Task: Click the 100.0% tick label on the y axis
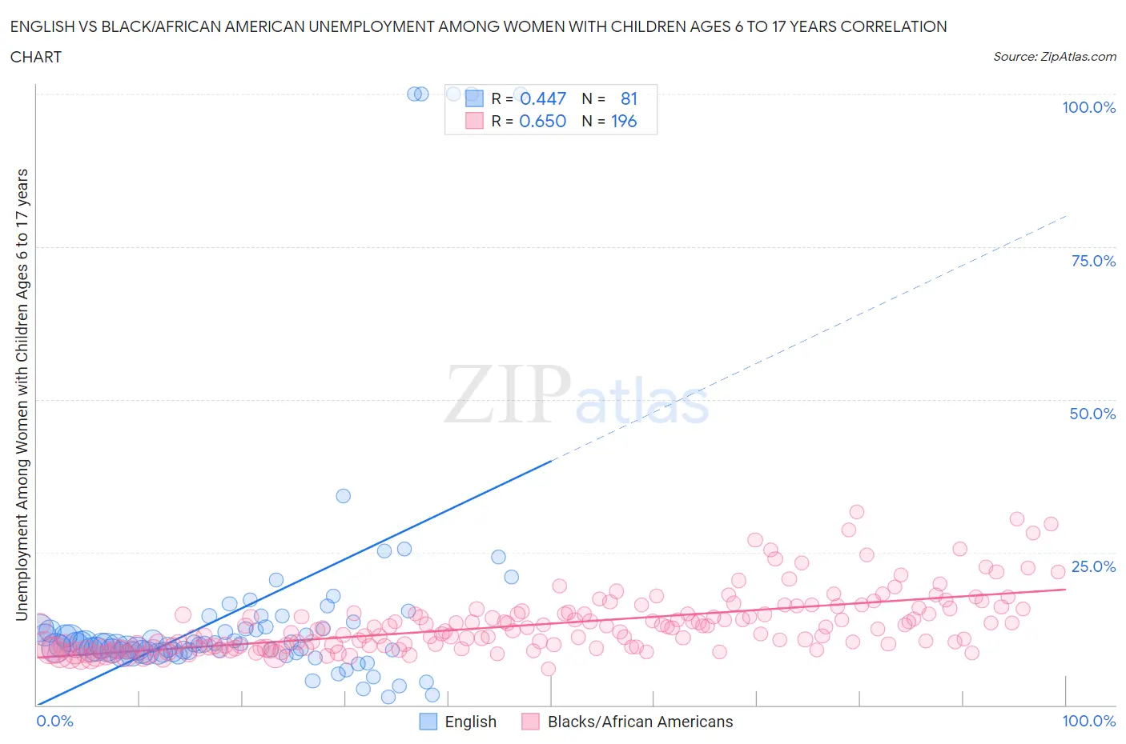click(x=1088, y=108)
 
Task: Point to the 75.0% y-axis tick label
click(x=1093, y=261)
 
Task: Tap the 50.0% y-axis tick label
click(x=1092, y=414)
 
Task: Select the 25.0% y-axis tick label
click(x=1093, y=566)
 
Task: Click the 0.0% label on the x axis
click(x=55, y=721)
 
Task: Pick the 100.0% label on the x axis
click(x=1088, y=721)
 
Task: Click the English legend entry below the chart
click(x=470, y=722)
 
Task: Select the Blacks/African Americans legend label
click(x=639, y=722)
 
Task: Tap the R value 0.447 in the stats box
click(x=542, y=98)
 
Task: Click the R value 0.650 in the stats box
click(x=542, y=121)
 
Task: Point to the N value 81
click(x=629, y=98)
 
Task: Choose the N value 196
click(x=624, y=121)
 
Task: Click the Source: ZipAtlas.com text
click(x=1054, y=57)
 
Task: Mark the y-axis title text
click(x=22, y=394)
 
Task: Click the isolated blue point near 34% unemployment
click(x=343, y=496)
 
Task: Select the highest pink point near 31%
click(x=857, y=512)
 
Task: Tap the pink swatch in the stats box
click(x=475, y=121)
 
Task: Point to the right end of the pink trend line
click(x=1065, y=589)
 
